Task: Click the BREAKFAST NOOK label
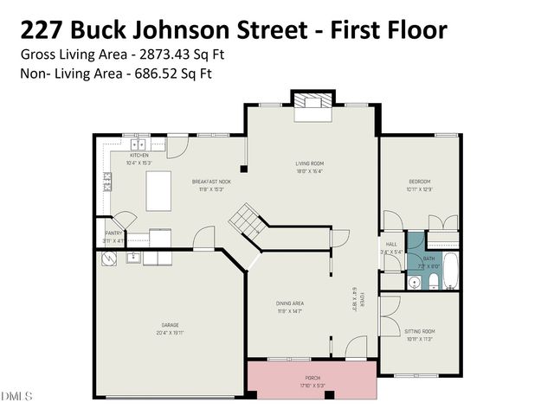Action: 211,181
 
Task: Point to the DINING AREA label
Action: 289,303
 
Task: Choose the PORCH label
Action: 312,378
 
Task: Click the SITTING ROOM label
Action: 420,332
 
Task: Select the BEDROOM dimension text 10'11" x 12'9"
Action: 420,188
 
